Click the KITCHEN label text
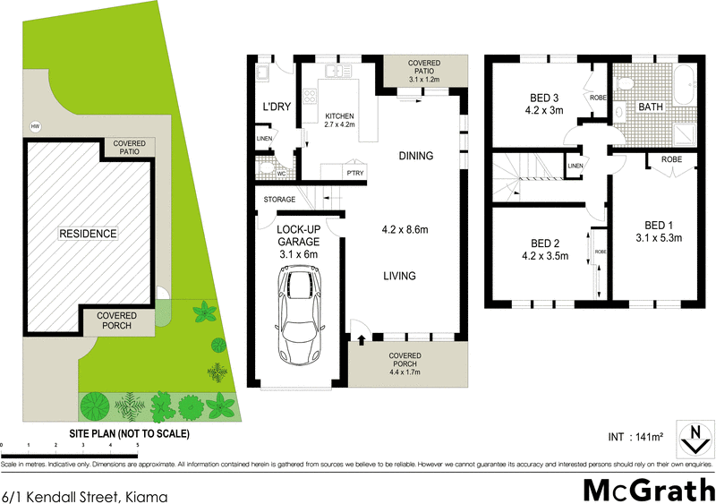[x=340, y=116]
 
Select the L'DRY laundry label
[x=275, y=107]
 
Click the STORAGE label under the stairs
[x=279, y=200]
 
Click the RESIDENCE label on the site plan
[x=88, y=234]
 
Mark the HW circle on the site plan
[x=36, y=126]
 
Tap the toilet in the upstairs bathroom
[x=628, y=82]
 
